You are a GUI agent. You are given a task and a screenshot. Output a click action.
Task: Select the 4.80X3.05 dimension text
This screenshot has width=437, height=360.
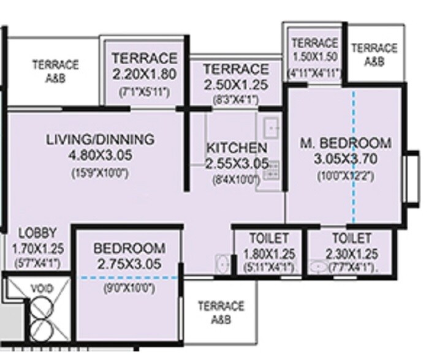[x=101, y=155]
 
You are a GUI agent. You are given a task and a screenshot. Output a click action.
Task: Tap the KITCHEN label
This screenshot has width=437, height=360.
[x=236, y=148]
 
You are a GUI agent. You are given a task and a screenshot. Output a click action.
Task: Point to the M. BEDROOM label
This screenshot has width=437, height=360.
[x=346, y=143]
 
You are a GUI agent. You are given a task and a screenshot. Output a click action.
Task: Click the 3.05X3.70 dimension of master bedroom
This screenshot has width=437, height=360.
[x=346, y=160]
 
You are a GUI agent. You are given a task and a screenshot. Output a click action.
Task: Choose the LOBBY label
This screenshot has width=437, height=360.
[x=37, y=233]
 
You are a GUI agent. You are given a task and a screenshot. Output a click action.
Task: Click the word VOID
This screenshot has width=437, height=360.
[x=42, y=288]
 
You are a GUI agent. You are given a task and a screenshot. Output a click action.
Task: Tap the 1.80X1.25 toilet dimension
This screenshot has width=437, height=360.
[x=269, y=254]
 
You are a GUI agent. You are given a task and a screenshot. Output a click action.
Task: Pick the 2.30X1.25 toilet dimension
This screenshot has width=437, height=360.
[x=351, y=254]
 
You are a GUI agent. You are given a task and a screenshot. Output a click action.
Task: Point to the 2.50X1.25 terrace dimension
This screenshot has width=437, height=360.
[x=235, y=85]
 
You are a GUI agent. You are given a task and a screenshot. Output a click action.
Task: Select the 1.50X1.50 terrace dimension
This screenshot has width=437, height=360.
[x=314, y=58]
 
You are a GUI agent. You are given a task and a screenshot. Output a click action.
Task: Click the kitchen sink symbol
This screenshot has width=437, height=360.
[x=270, y=127]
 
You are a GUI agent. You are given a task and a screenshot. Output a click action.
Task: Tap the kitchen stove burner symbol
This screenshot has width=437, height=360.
[x=270, y=170]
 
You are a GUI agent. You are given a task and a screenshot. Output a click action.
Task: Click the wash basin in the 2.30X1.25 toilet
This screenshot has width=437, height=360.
[x=318, y=267]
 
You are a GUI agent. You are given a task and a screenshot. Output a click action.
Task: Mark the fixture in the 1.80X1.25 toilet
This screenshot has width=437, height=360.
[x=221, y=264]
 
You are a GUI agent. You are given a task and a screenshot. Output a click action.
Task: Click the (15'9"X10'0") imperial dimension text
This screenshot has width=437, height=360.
[x=101, y=173]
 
